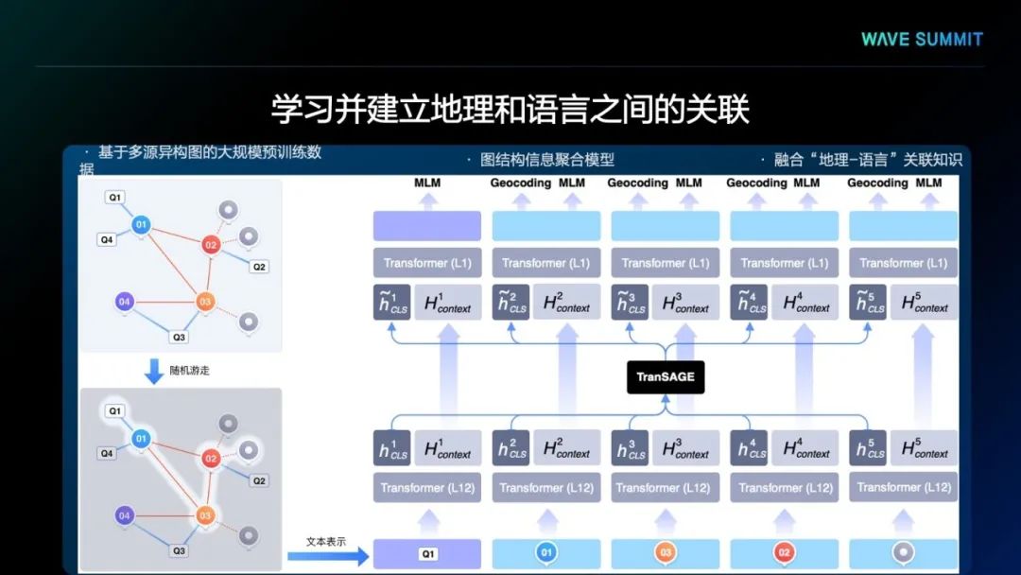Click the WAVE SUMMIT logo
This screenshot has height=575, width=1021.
pos(922,39)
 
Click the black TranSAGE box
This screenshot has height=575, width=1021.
pos(666,376)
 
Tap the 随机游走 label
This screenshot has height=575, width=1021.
pos(190,371)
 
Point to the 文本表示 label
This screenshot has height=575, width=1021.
pos(326,541)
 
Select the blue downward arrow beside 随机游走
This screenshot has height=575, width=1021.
pos(154,370)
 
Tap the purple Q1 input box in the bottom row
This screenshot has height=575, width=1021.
pos(427,553)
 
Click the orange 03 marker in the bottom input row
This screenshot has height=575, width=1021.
pos(666,553)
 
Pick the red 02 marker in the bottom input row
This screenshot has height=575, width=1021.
pos(784,553)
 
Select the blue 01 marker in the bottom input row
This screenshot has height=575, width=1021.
pos(546,553)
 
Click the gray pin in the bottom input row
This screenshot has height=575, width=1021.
pos(903,553)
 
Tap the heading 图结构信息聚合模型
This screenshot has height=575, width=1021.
pos(547,160)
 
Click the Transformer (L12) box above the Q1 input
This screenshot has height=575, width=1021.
pos(427,488)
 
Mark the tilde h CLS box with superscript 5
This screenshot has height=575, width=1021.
pos(868,303)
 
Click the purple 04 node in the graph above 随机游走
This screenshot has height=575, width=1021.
pos(124,303)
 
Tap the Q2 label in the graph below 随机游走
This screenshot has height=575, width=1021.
pos(259,480)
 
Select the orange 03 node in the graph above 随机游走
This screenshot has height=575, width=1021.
pos(205,303)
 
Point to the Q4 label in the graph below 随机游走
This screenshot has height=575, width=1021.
pos(107,453)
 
